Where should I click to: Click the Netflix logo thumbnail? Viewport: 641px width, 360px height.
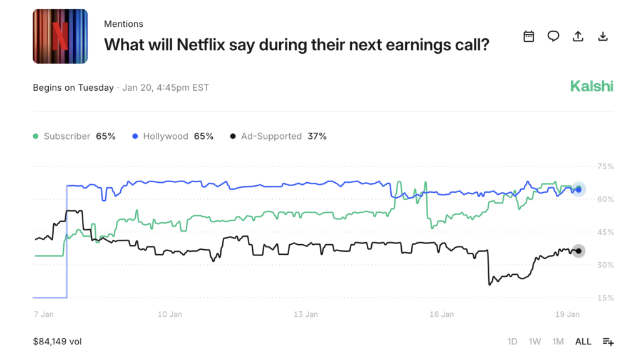[x=60, y=36]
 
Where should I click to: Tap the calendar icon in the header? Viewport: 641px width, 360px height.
[x=529, y=36]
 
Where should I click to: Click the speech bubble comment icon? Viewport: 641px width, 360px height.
[x=553, y=36]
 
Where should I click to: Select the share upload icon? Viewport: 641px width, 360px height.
[x=578, y=36]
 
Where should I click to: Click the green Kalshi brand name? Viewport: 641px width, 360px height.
[x=592, y=86]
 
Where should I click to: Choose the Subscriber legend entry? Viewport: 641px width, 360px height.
[x=74, y=136]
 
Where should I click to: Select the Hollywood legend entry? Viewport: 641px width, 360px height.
[x=173, y=136]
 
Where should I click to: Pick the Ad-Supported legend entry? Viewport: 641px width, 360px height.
[x=279, y=136]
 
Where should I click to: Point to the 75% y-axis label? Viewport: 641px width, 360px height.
[x=605, y=167]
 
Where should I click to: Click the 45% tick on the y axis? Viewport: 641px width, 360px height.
[x=605, y=232]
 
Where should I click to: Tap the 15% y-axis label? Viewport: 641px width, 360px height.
[x=605, y=298]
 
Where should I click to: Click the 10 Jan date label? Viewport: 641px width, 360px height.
[x=170, y=314]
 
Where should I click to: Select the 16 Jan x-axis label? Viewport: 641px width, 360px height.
[x=442, y=314]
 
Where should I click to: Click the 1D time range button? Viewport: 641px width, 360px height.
[x=512, y=342]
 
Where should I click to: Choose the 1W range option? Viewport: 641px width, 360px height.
[x=535, y=342]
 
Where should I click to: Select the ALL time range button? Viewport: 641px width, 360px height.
[x=583, y=342]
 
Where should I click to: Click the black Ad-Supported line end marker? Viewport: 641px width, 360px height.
[x=579, y=251]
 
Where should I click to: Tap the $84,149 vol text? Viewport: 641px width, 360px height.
[x=57, y=342]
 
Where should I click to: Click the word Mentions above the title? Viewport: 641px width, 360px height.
[x=123, y=24]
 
